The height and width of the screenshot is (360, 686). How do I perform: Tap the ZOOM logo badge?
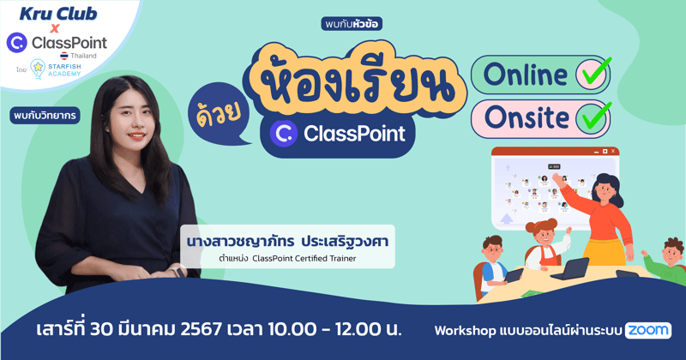pos(647,330)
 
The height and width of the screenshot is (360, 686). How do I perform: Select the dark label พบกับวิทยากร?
pos(45,115)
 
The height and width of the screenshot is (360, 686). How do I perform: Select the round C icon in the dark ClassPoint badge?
pos(282,134)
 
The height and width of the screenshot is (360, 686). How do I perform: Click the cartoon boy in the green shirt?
pos(664,261)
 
